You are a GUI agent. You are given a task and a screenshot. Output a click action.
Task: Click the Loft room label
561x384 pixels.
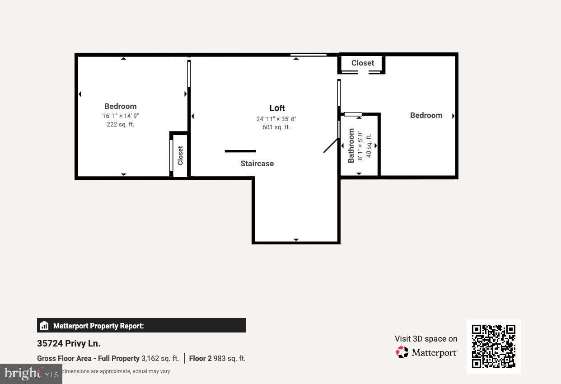click(277, 108)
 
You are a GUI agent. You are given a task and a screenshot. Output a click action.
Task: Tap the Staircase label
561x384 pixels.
click(257, 164)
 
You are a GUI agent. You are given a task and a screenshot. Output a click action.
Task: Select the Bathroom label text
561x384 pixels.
click(351, 145)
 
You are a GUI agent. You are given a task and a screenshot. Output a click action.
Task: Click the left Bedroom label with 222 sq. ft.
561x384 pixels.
click(120, 106)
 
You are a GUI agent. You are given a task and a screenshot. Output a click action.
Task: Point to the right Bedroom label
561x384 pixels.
click(426, 115)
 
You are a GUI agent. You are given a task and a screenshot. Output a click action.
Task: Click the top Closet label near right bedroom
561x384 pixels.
click(363, 63)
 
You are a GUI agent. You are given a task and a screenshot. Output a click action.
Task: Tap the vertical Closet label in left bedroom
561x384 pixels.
click(180, 155)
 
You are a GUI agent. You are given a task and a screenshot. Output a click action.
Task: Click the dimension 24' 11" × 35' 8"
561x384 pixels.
click(276, 119)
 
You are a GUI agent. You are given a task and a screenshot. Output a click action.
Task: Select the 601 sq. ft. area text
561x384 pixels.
click(276, 127)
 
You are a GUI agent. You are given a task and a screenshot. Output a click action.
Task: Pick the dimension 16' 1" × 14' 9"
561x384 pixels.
click(120, 116)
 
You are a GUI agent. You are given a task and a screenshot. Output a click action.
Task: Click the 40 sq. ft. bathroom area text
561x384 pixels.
click(369, 145)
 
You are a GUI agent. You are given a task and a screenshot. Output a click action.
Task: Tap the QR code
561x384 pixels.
click(493, 347)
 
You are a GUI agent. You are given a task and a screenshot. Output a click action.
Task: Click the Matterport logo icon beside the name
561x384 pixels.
click(402, 352)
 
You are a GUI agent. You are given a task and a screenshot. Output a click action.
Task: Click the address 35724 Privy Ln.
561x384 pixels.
click(69, 344)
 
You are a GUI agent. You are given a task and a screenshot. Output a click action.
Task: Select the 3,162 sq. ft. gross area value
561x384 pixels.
click(160, 359)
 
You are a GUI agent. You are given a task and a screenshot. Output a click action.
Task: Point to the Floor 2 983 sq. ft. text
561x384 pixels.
click(217, 359)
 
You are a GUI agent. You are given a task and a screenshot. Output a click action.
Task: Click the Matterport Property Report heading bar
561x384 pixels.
click(141, 326)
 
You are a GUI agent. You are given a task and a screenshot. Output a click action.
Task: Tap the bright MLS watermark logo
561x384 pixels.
click(31, 374)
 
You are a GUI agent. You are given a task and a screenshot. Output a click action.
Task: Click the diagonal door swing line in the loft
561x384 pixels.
click(331, 145)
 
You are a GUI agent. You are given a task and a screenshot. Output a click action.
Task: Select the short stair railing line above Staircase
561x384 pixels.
click(240, 151)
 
